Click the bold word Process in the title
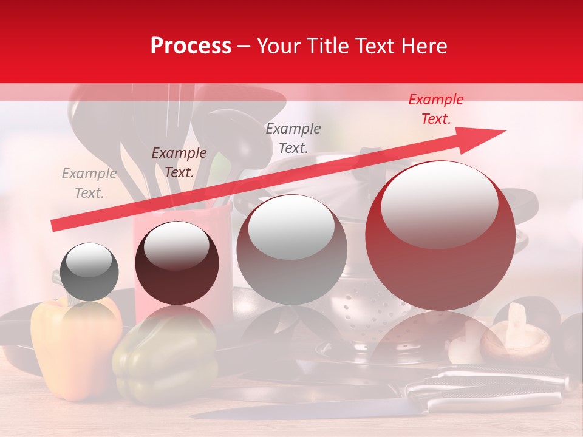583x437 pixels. click(x=191, y=46)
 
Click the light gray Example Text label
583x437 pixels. click(x=89, y=183)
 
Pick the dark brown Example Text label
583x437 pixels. click(x=179, y=163)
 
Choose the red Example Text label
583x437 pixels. click(x=435, y=109)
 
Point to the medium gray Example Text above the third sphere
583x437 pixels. click(x=293, y=138)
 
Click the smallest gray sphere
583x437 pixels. click(x=89, y=272)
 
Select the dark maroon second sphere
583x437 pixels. click(x=176, y=263)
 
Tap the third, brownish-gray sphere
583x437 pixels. click(x=291, y=249)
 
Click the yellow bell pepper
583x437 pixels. click(x=73, y=346)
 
